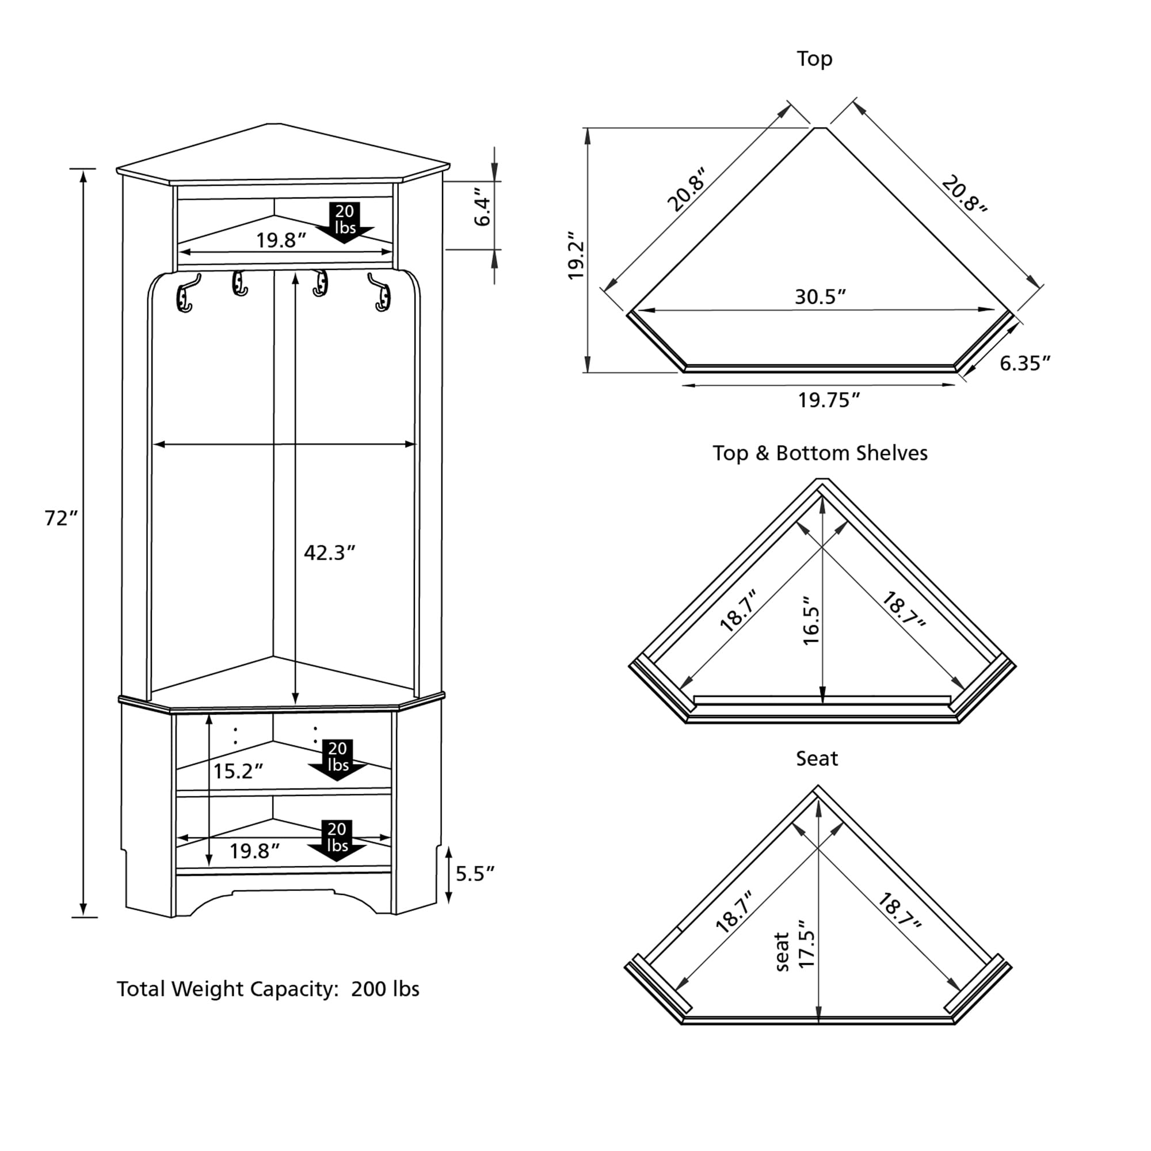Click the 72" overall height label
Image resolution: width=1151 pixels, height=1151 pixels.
pos(61,519)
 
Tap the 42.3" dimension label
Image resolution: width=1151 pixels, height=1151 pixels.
pos(329,553)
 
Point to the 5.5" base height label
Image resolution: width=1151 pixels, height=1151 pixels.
pos(475,874)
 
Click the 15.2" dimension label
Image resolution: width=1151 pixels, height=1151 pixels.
pos(238,771)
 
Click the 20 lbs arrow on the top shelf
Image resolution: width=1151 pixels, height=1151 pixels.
pos(344,222)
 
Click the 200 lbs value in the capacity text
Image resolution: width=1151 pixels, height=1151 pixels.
pos(385,989)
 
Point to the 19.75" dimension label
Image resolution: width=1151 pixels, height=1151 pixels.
pos(829,401)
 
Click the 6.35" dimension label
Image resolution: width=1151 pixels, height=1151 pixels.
pos(1024,363)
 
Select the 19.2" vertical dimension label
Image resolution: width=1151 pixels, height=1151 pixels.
pos(577,256)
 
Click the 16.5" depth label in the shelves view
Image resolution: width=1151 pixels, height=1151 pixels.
pos(811,620)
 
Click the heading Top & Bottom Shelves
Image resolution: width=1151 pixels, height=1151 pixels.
pos(820,453)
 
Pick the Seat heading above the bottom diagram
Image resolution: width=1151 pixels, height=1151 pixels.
pos(817,759)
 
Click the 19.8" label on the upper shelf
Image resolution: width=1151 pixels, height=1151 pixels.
pos(281,240)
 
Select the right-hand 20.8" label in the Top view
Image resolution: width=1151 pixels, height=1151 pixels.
pos(964,193)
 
